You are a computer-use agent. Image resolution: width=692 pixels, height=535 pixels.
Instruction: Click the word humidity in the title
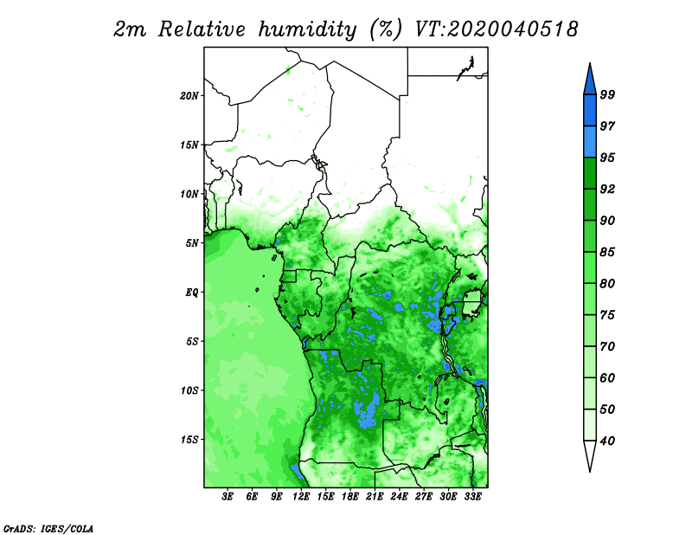pos(307,30)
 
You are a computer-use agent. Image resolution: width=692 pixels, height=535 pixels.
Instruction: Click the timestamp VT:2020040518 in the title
pos(497,29)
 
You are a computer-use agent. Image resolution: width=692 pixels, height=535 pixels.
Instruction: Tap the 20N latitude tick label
pos(189,95)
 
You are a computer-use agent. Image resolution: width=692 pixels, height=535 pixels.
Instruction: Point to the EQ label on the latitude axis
pos(192,293)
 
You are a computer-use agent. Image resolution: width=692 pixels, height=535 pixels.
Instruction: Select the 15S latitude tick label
pos(189,440)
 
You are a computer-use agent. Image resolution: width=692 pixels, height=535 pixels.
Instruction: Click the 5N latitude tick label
pos(192,243)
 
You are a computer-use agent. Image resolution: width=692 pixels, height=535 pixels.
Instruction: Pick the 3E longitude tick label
pos(227,496)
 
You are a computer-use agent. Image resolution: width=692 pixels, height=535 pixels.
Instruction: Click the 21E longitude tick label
pos(375,496)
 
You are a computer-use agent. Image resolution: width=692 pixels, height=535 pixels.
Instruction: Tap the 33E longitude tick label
pos(473,496)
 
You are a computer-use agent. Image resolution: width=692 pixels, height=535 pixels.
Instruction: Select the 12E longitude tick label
pos(301,496)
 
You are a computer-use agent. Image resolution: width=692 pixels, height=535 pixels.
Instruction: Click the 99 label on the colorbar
pos(607,94)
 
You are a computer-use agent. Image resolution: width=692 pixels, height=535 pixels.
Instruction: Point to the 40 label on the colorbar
pos(607,441)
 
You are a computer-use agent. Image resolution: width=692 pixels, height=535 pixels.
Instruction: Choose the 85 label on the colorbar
pos(607,252)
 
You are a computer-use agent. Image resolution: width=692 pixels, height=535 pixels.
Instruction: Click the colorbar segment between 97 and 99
pos(590,111)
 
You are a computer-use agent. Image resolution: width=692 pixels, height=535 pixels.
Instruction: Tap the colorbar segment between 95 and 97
pos(590,142)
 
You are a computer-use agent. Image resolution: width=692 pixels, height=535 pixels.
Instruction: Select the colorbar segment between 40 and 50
pos(590,425)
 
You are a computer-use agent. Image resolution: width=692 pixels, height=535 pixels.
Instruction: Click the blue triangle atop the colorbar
pos(590,81)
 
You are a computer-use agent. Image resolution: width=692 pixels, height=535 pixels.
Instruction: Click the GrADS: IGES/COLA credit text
pos(48,528)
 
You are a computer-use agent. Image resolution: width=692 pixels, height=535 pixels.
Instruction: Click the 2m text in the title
pos(129,30)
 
